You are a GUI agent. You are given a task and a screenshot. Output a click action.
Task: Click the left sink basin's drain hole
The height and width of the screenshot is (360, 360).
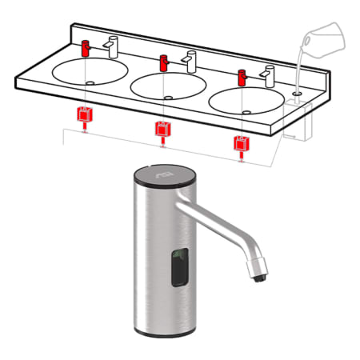point(90,82)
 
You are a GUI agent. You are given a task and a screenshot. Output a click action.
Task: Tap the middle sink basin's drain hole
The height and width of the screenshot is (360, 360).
point(166,97)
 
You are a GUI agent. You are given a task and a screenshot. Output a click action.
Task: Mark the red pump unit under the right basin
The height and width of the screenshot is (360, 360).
point(240,144)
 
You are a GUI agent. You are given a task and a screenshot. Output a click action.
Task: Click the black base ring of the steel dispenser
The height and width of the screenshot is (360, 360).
point(159,332)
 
